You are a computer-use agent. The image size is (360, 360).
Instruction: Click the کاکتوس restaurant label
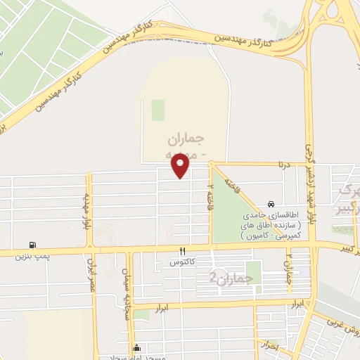pos(182,262)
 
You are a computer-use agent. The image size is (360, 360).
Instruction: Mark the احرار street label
pos(268,345)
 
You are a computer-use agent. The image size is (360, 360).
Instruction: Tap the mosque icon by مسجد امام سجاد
pos(136,347)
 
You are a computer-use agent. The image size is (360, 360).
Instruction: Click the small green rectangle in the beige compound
pos(157,110)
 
